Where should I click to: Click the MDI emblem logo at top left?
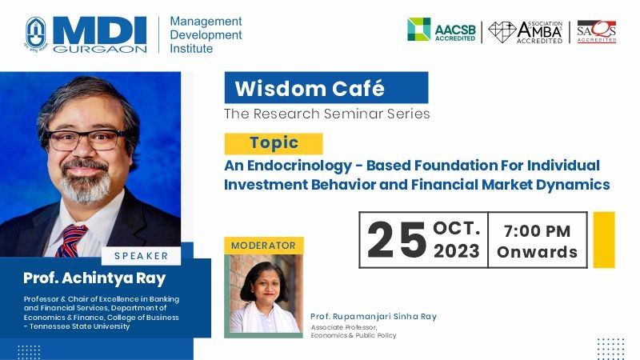pos(36,34)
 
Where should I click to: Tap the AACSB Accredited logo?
pos(442,30)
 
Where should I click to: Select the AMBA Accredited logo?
pos(526,32)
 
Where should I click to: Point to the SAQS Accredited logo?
pos(596,31)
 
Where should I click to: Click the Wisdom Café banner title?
pos(310,88)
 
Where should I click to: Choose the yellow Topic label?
pos(274,143)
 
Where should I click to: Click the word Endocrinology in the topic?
pos(299,166)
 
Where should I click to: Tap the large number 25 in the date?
pos(397,240)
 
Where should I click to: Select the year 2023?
pos(457,250)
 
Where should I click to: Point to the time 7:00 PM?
pos(537,231)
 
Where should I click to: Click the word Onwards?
pos(537,252)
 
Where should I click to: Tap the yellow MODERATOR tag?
pos(264,246)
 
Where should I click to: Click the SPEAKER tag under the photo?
pos(142,256)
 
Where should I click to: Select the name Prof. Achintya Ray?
pos(94,278)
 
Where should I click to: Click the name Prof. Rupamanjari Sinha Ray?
pos(374,316)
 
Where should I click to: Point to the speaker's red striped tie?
pos(70,240)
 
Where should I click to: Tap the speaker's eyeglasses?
pos(86,139)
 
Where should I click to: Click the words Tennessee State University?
pos(79,326)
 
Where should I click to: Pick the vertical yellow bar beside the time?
pos(604,239)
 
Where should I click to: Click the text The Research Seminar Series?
pos(327,114)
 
